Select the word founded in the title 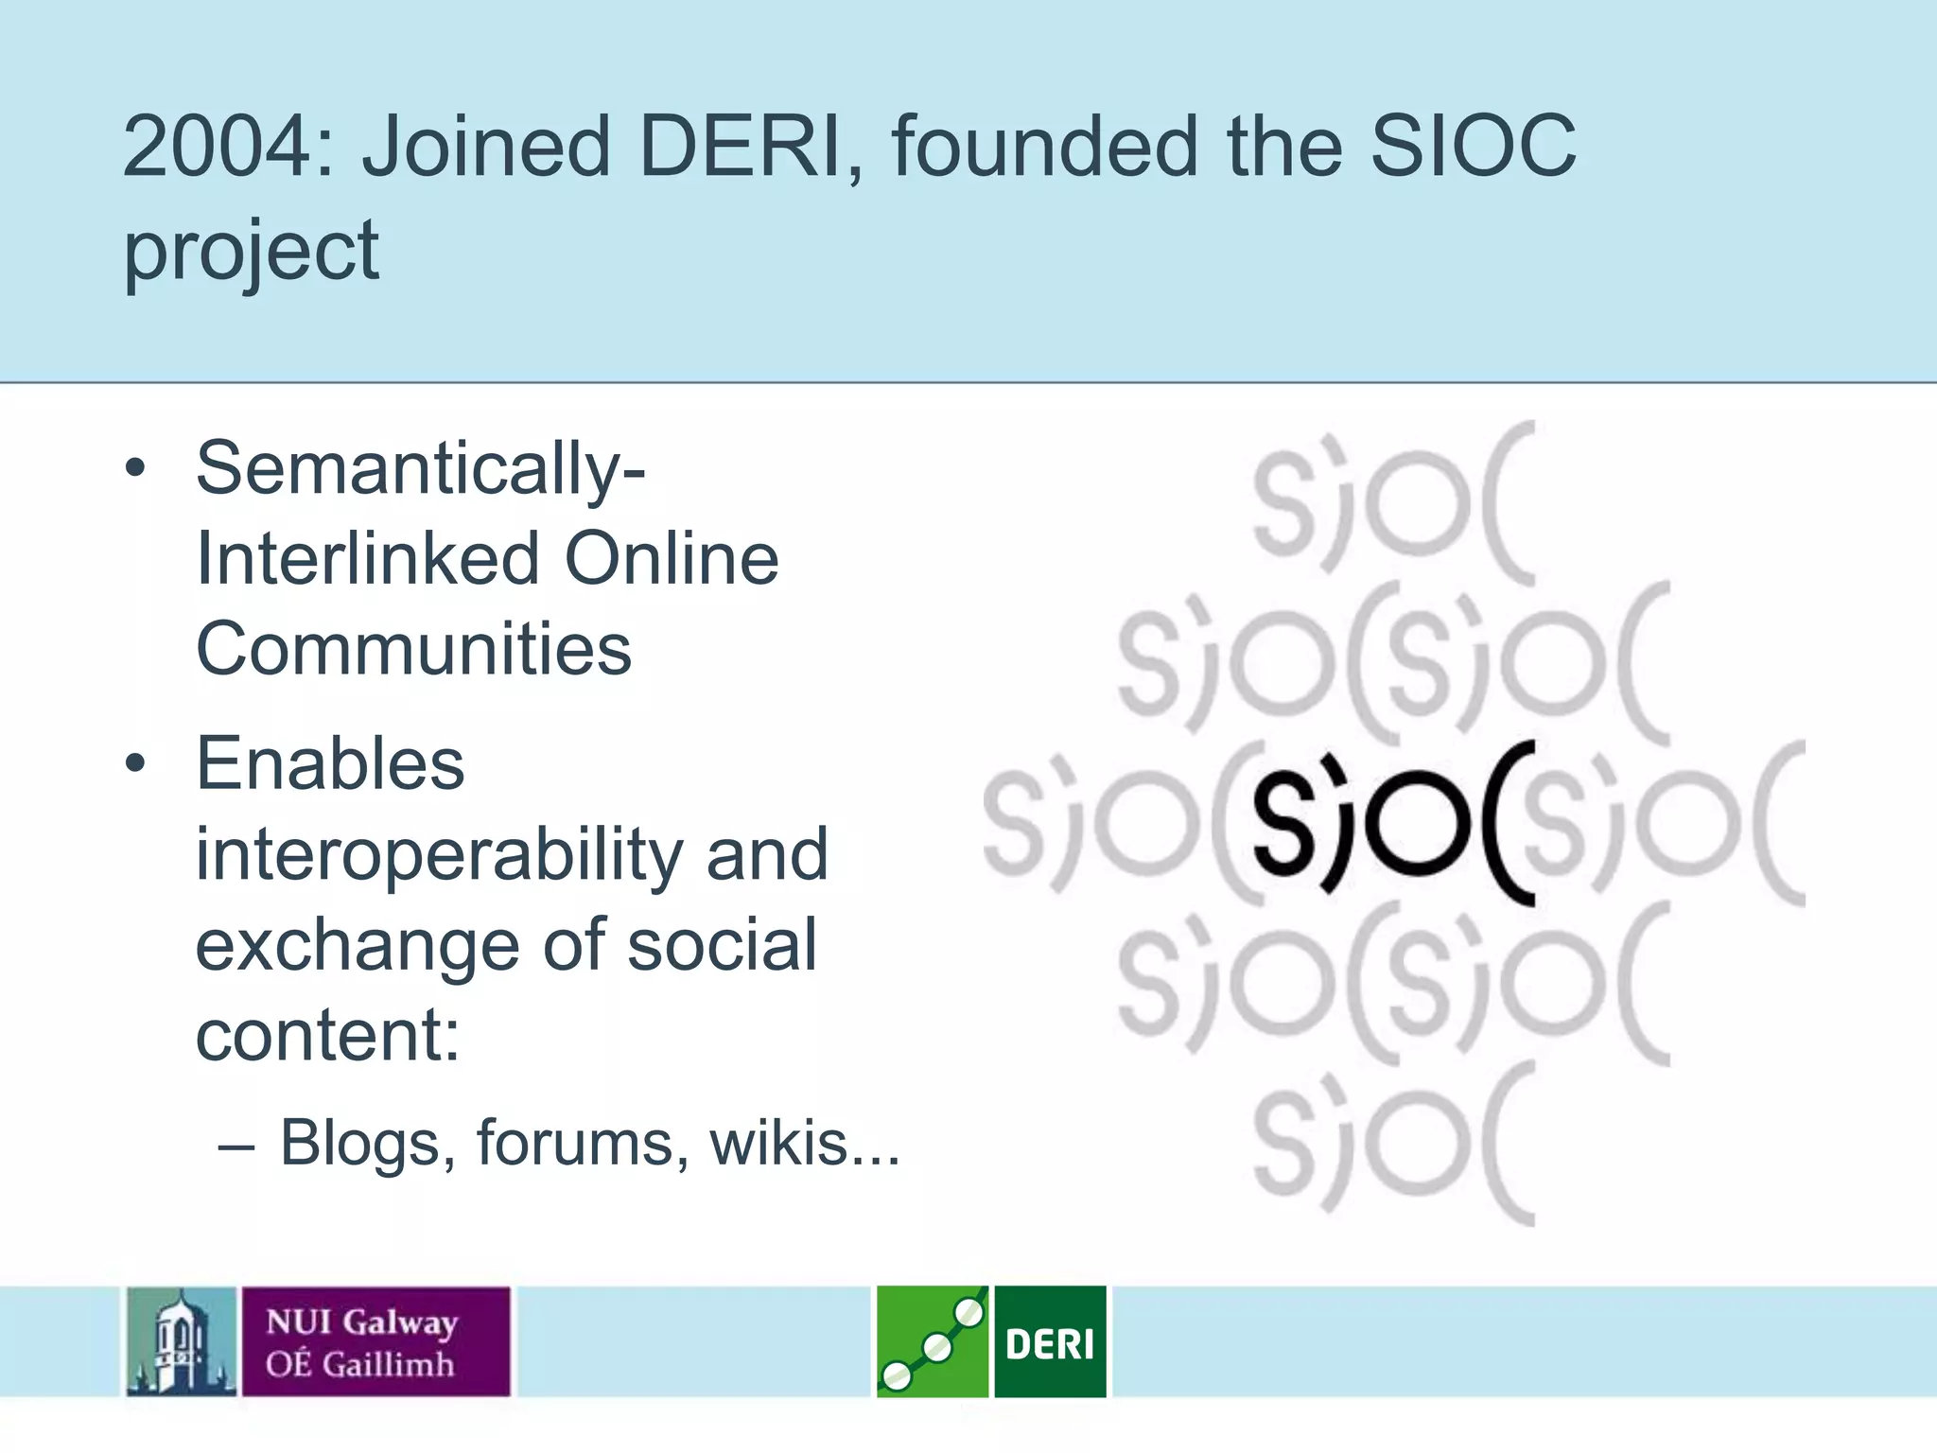pyautogui.click(x=1044, y=147)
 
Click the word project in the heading pyautogui.click(x=252, y=251)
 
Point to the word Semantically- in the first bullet pyautogui.click(x=421, y=469)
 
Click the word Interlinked pyautogui.click(x=365, y=559)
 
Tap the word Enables pyautogui.click(x=330, y=764)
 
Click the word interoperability pyautogui.click(x=439, y=855)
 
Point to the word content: pyautogui.click(x=328, y=1035)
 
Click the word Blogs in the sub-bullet pyautogui.click(x=360, y=1143)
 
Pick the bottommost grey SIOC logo pyautogui.click(x=1392, y=1145)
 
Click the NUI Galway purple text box pyautogui.click(x=375, y=1341)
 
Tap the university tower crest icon pyautogui.click(x=182, y=1341)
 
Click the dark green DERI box pyautogui.click(x=1050, y=1341)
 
